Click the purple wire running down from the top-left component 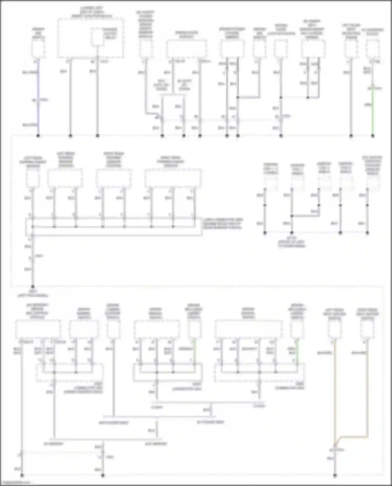pyautogui.click(x=38, y=86)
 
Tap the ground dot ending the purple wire pyautogui.click(x=38, y=136)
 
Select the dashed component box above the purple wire pyautogui.click(x=38, y=49)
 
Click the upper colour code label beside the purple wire pyautogui.click(x=30, y=72)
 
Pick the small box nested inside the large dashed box pyautogui.click(x=97, y=37)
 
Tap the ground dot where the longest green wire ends pyautogui.click(x=373, y=136)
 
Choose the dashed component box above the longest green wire pyautogui.click(x=373, y=49)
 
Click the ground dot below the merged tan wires pyautogui.click(x=335, y=475)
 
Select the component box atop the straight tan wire pyautogui.click(x=335, y=329)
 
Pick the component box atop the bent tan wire pyautogui.click(x=367, y=329)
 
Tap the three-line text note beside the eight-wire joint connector pyautogui.click(x=223, y=224)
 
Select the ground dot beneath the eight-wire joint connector pyautogui.click(x=33, y=286)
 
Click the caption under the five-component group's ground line pyautogui.click(x=291, y=242)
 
